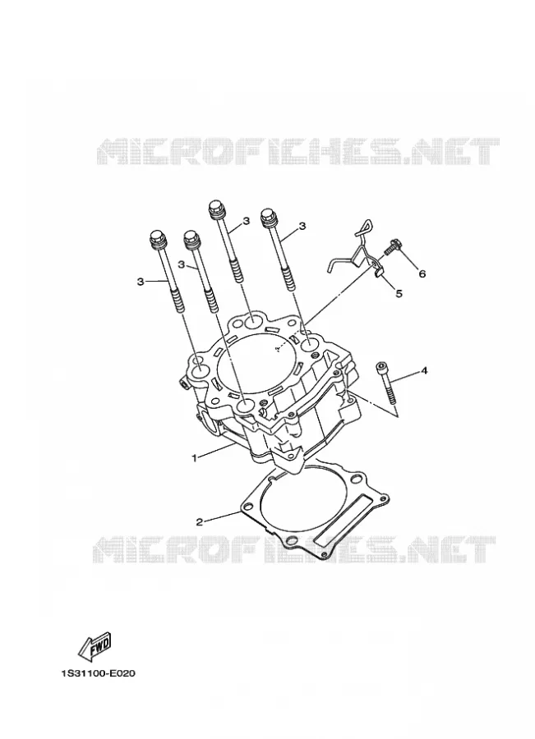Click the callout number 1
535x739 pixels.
(193, 457)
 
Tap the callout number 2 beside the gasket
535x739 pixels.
(200, 521)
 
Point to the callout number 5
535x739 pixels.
(399, 294)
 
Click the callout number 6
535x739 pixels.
(422, 273)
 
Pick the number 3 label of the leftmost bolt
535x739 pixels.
(140, 282)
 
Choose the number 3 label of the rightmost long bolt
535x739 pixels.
(302, 226)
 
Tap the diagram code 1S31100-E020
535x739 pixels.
(98, 673)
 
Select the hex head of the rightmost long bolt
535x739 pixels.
(269, 215)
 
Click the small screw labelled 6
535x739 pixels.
(391, 248)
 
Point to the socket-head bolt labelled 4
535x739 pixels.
(387, 382)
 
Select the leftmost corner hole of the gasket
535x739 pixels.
(247, 507)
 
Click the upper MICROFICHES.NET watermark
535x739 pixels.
(297, 151)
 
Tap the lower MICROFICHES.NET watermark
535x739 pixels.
(293, 549)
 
